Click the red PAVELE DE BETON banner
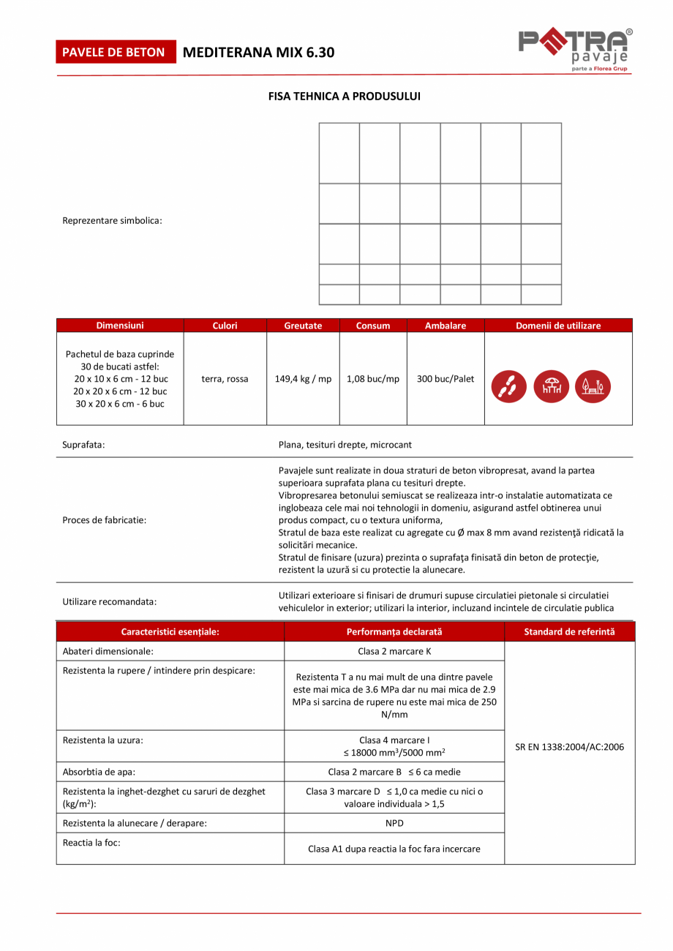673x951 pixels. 114,53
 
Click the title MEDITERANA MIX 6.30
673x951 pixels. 258,53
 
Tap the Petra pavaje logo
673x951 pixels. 574,50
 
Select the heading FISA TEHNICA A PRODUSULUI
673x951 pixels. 344,96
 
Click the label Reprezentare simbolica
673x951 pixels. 112,220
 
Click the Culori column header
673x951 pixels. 225,326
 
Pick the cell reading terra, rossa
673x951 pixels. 225,379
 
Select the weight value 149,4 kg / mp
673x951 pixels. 303,379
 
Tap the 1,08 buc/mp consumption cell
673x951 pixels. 373,379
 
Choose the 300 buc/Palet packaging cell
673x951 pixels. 445,379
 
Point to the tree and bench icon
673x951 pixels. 593,386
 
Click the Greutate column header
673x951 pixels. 303,326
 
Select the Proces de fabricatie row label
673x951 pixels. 104,520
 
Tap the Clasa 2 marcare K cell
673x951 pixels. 394,651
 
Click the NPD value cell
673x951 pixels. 394,823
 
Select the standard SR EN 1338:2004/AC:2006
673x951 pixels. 570,748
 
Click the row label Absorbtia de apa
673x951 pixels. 99,771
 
